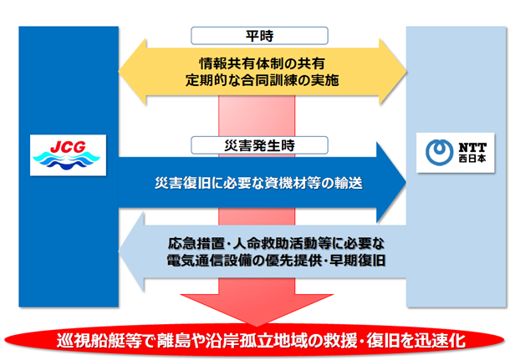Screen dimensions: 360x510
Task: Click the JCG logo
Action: coord(64,154)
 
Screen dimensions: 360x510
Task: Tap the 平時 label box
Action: coord(256,36)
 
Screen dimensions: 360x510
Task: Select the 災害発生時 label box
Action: coord(256,145)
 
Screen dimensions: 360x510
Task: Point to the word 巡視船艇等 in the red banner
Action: coord(92,342)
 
